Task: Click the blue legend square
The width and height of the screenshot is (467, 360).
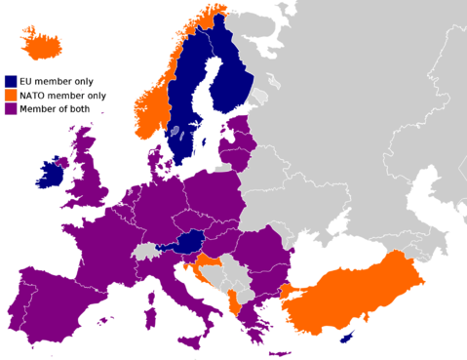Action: point(11,81)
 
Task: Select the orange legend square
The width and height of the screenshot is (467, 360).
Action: point(11,95)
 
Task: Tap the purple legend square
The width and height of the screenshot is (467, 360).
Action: point(11,108)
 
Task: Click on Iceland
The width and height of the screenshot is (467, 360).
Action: point(42,43)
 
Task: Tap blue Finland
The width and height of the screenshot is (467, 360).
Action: point(231,73)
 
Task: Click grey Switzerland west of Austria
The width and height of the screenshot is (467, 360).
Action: point(147,252)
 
